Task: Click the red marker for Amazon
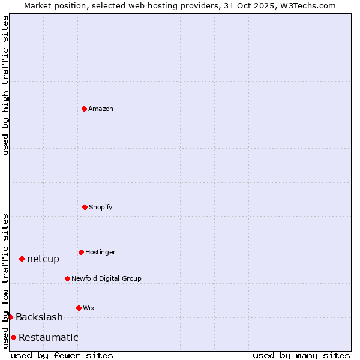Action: coord(84,109)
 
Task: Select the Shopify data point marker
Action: coord(85,207)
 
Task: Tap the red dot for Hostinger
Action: coord(81,252)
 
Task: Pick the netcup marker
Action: coord(22,259)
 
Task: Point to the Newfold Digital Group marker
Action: coord(67,278)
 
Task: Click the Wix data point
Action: coord(79,308)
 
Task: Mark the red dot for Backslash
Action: coord(10,317)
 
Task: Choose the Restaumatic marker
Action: coord(13,337)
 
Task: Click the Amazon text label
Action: coord(101,109)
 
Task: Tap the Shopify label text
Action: coord(101,207)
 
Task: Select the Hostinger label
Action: coord(100,252)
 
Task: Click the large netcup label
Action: coord(43,259)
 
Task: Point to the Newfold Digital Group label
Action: coord(106,278)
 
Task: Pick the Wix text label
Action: coord(89,308)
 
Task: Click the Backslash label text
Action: coord(39,317)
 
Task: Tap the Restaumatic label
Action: coord(48,337)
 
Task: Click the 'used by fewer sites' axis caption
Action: coord(62,355)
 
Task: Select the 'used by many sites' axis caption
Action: coord(301,355)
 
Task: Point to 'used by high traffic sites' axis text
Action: coord(5,85)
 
